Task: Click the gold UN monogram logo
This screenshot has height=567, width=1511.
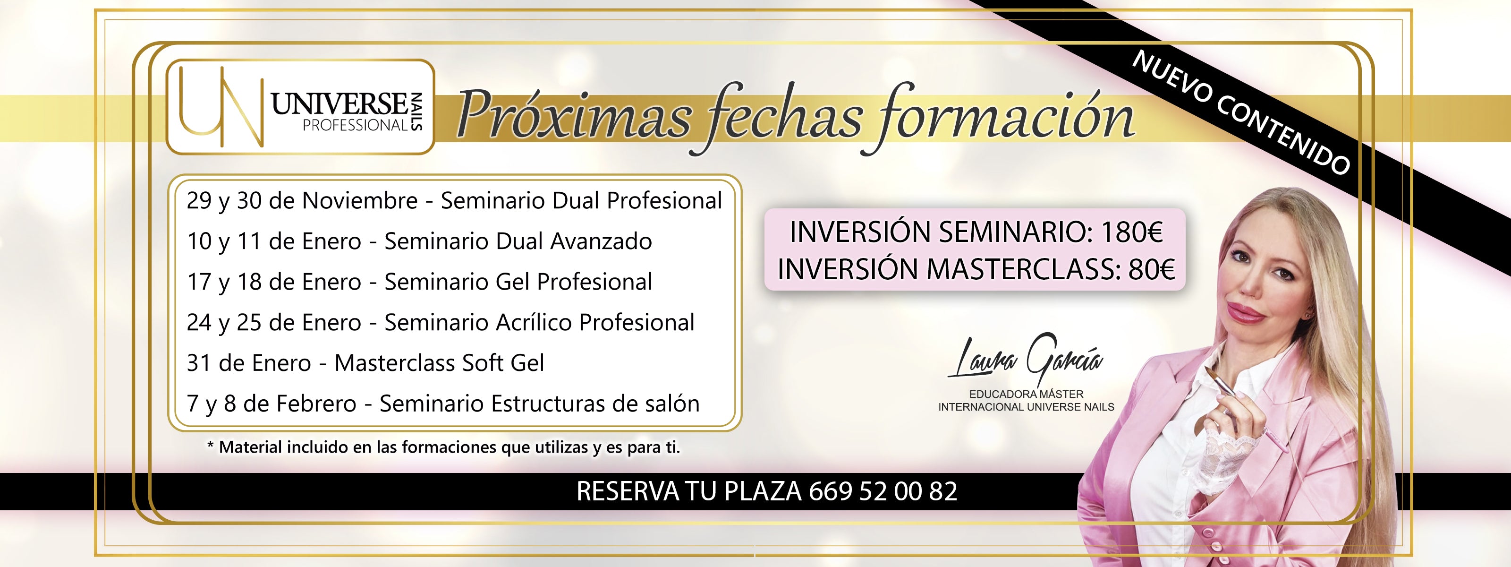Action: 220,107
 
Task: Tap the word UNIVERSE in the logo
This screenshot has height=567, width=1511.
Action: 339,104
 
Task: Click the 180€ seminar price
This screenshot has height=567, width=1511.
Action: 1131,232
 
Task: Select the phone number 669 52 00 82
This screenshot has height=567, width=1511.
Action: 883,491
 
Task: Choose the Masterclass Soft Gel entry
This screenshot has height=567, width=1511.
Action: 439,363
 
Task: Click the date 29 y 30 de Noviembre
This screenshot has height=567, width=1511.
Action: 302,201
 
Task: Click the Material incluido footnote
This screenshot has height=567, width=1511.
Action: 443,447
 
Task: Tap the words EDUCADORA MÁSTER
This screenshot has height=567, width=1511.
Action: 1026,394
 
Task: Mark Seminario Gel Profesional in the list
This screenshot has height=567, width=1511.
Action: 518,282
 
